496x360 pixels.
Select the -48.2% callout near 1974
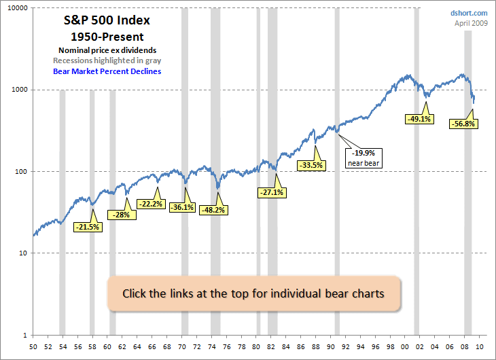[x=213, y=210]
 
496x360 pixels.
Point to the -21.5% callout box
[x=88, y=227]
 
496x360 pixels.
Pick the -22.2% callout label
[x=150, y=204]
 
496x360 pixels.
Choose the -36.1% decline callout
[x=181, y=207]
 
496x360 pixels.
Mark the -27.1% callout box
[x=272, y=192]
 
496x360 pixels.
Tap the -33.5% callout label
[x=311, y=164]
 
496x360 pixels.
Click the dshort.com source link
[x=469, y=13]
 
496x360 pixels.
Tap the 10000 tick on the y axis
[x=16, y=8]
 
